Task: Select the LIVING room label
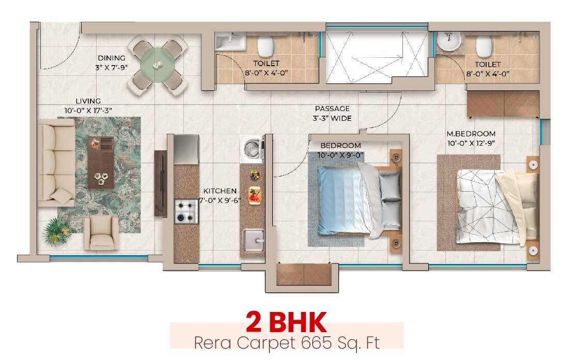[88, 101]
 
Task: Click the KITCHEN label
[220, 191]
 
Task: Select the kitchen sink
[253, 240]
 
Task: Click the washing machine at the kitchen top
[252, 149]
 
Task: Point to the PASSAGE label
[332, 109]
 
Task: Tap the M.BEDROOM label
[471, 134]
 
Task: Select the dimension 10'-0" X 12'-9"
[471, 143]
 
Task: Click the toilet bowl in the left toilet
[265, 46]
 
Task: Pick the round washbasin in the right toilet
[448, 42]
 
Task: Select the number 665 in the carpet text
[322, 342]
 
